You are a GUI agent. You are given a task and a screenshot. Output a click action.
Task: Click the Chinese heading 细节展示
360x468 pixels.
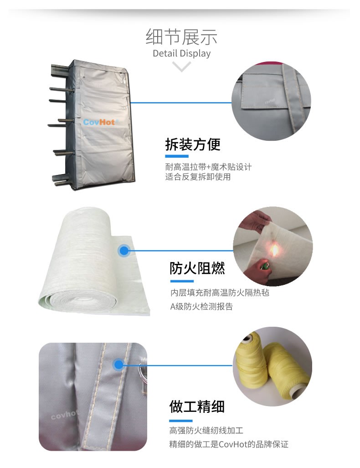pos(181,37)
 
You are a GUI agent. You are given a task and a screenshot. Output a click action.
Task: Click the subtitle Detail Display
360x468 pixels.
pos(181,53)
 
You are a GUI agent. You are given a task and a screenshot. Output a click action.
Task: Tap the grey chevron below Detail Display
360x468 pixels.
pos(181,66)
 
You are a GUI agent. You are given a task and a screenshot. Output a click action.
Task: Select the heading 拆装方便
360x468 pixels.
pos(193,144)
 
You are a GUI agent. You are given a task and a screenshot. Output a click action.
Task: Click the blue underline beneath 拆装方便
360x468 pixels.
pos(177,156)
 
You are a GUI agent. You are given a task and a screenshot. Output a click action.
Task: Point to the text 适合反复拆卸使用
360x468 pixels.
pos(198,177)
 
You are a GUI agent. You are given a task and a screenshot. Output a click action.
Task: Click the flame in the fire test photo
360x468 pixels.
pos(274,250)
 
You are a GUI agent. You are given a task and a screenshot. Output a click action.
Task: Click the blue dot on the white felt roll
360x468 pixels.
pos(123,251)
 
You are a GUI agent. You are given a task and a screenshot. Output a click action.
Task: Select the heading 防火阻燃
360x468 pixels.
pos(197,268)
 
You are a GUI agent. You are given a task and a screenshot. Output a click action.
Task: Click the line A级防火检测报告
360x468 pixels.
pos(201,307)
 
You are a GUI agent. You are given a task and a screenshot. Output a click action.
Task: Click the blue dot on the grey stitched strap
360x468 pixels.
pos(118,365)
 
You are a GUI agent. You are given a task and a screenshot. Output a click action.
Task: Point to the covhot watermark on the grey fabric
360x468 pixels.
pos(64,414)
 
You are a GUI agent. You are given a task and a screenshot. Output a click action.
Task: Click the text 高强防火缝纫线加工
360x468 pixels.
pos(206,430)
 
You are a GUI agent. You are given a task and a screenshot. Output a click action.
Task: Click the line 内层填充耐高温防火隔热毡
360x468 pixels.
pos(220,293)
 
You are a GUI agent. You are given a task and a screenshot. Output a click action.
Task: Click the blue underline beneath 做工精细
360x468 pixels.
pos(181,421)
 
